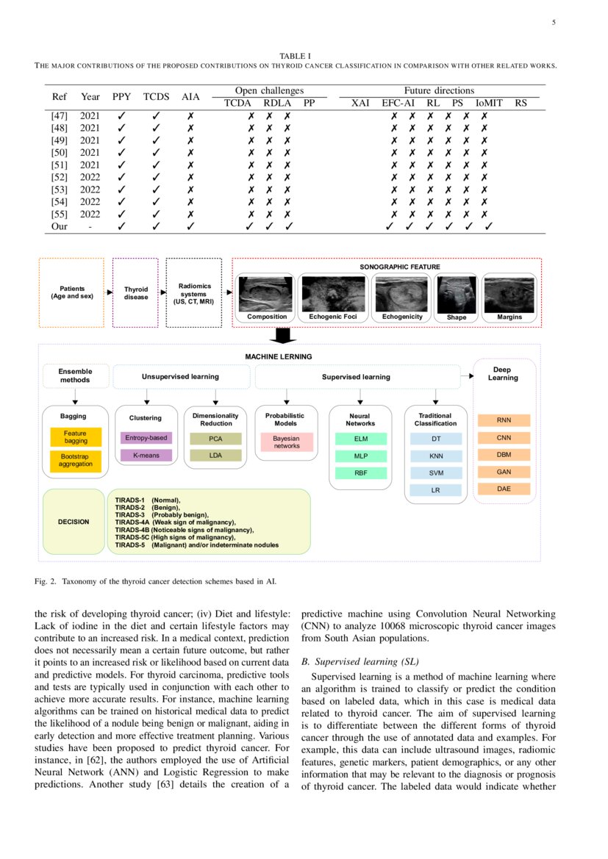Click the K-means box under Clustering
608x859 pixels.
point(146,456)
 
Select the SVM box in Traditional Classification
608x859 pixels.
point(437,472)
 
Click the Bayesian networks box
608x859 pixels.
point(287,442)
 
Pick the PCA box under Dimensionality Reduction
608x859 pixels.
point(215,438)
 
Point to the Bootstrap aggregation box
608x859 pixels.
point(75,460)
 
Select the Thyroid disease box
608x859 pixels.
point(136,292)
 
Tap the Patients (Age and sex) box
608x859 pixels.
point(72,292)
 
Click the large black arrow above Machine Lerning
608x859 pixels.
point(282,335)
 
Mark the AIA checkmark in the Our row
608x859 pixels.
point(190,226)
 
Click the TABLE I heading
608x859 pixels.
point(296,56)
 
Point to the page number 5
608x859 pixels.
point(554,23)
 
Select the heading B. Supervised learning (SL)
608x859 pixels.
point(360,662)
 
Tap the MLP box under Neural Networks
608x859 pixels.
point(360,456)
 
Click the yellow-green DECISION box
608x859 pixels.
point(74,522)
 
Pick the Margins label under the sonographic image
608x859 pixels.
point(509,317)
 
